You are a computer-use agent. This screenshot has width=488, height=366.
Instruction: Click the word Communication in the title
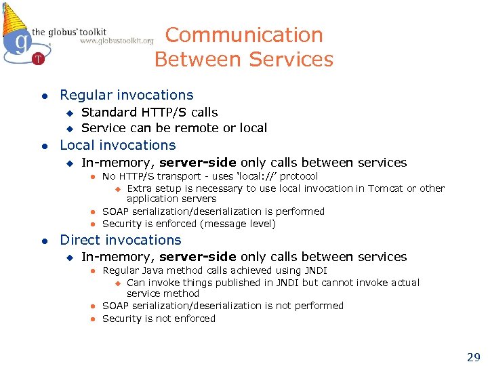pyautogui.click(x=244, y=35)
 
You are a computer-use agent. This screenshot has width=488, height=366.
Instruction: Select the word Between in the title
pyautogui.click(x=196, y=60)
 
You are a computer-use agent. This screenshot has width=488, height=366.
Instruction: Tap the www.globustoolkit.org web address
pyautogui.click(x=117, y=41)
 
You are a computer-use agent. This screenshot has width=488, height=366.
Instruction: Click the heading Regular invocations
pyautogui.click(x=127, y=96)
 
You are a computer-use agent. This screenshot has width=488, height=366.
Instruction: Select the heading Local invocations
pyautogui.click(x=118, y=145)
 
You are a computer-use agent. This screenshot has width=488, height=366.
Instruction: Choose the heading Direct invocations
pyautogui.click(x=121, y=240)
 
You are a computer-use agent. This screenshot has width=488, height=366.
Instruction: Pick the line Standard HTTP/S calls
pyautogui.click(x=149, y=113)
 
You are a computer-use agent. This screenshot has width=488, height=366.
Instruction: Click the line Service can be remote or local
pyautogui.click(x=174, y=128)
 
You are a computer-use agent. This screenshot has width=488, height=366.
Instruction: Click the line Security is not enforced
pyautogui.click(x=159, y=319)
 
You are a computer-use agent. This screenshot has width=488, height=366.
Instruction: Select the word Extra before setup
pyautogui.click(x=139, y=188)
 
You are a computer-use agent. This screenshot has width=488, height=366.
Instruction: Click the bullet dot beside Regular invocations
pyautogui.click(x=43, y=96)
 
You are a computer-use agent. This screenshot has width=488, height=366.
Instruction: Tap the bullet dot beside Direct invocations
pyautogui.click(x=43, y=241)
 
